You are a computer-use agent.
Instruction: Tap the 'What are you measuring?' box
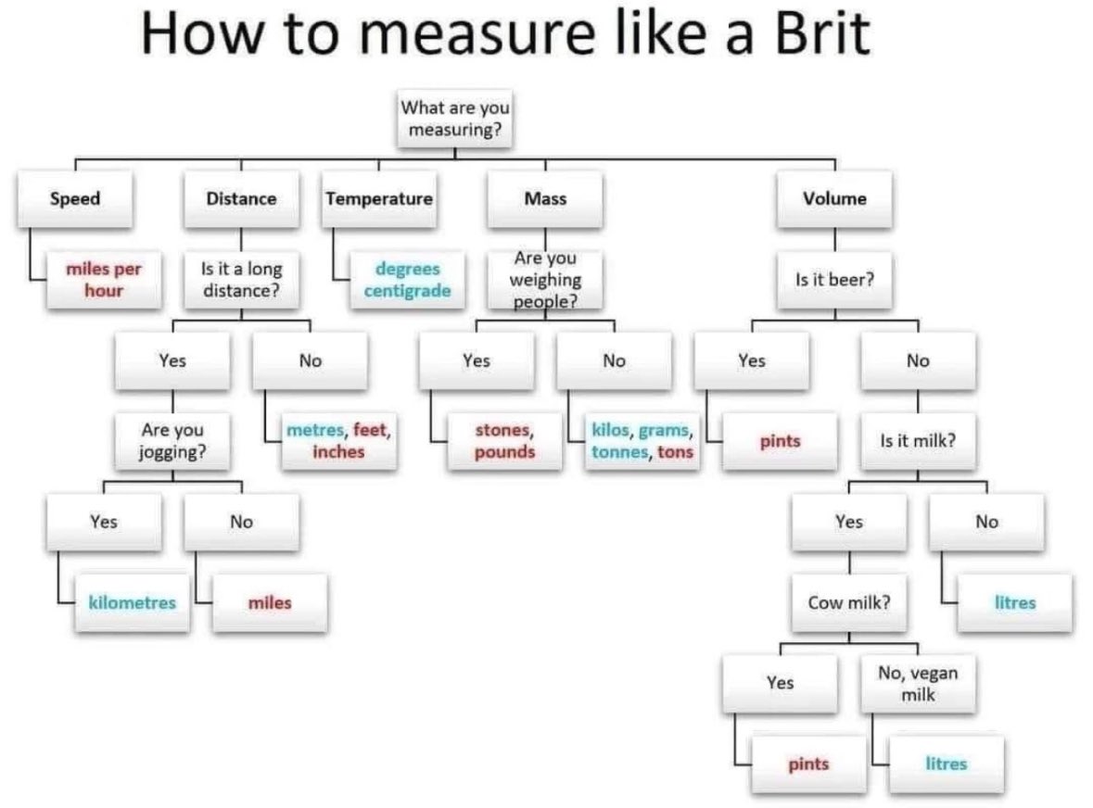[455, 119]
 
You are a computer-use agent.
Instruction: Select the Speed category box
[75, 198]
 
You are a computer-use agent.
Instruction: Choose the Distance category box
[241, 198]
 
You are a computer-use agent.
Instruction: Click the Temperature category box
[379, 198]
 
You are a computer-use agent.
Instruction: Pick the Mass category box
[545, 198]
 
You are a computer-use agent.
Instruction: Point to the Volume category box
[834, 198]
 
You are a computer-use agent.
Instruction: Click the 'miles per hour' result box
[103, 279]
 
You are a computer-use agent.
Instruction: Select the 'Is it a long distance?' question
[241, 279]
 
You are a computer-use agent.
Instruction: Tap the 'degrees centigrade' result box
[407, 279]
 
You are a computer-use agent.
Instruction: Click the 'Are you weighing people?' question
[545, 279]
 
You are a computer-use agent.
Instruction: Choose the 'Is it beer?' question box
[834, 279]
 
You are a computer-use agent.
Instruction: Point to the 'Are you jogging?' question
[172, 440]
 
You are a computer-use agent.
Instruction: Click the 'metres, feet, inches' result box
[338, 440]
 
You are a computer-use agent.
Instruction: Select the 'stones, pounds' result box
[504, 440]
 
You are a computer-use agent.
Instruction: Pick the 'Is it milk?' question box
[918, 440]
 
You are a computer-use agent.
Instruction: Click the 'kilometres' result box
[132, 602]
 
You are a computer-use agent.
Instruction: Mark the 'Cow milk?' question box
[849, 602]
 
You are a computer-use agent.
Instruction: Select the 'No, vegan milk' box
[918, 684]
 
